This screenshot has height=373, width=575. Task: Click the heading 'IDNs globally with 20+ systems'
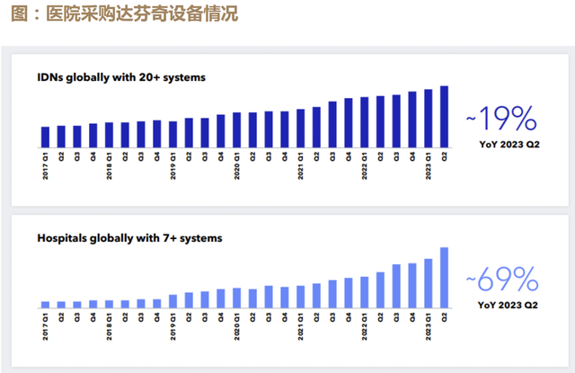point(121,77)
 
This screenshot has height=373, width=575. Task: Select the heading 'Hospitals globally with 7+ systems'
point(129,239)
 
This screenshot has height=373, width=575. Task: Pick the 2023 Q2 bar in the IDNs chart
point(444,116)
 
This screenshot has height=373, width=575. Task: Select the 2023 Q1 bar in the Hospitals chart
point(428,283)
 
